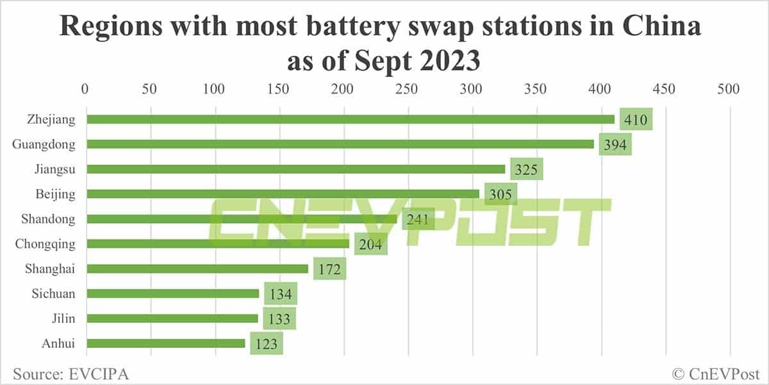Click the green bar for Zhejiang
pos(350,119)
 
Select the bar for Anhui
pos(165,343)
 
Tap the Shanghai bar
pos(197,268)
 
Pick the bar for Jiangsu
pos(295,169)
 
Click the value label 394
pos(615,145)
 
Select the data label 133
pos(279,319)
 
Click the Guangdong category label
pos(44,144)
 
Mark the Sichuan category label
pos(53,293)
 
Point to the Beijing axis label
pos(56,193)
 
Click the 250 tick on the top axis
pos(407,90)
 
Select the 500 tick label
pos(729,90)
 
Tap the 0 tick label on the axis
pos(86,90)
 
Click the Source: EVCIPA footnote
pos(70,373)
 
